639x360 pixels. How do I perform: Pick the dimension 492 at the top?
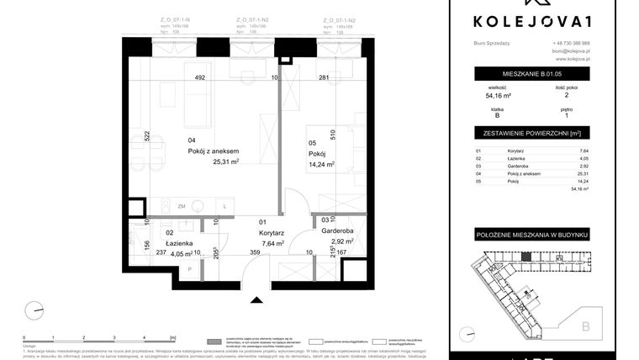[200, 77]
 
